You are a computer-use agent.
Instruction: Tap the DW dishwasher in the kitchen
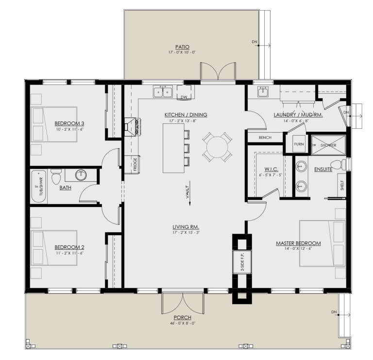tap(184, 97)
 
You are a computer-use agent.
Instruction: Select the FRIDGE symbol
tap(135, 165)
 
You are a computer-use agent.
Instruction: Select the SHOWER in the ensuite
tap(328, 145)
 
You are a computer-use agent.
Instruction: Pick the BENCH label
tap(265, 137)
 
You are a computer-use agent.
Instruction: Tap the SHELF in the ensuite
tap(342, 185)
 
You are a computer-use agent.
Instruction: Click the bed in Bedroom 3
tap(54, 124)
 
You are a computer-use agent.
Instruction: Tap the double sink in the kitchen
tap(163, 91)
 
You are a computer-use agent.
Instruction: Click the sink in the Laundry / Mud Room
tap(263, 91)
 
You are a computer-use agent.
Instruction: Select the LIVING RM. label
tap(186, 227)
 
